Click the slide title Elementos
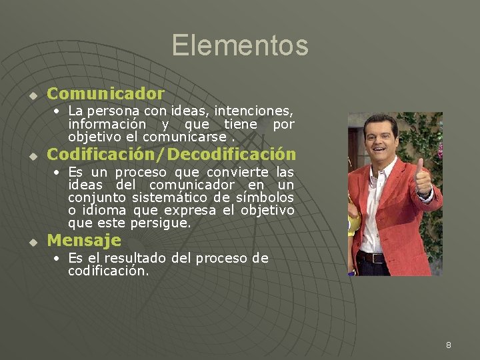(x=240, y=45)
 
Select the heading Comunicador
(x=105, y=93)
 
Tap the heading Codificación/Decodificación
(x=171, y=154)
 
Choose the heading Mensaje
(x=84, y=240)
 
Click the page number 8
(x=449, y=345)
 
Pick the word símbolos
(x=265, y=197)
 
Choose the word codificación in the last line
(x=107, y=271)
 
